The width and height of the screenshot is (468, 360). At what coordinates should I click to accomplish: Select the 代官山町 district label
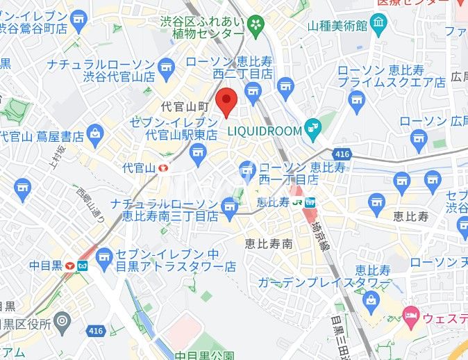tap(185, 107)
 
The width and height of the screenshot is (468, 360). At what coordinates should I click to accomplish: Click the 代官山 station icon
tap(164, 167)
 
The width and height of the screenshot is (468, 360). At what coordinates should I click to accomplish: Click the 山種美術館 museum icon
tap(378, 26)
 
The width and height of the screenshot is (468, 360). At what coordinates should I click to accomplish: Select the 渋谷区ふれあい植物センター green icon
tap(256, 26)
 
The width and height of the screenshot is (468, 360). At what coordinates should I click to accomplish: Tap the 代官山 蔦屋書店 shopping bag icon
tap(95, 131)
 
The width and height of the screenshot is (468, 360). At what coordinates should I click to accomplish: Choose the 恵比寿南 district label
tap(269, 243)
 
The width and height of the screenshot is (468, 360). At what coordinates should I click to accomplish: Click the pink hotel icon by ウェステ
tap(410, 316)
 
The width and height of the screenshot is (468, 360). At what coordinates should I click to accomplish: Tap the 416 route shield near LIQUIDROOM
tap(341, 153)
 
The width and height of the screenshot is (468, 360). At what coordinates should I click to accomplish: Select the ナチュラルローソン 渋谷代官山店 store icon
tap(165, 67)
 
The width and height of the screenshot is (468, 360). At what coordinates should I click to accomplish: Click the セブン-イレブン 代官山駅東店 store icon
tap(199, 152)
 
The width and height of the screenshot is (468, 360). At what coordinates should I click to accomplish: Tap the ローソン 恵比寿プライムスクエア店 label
tap(391, 76)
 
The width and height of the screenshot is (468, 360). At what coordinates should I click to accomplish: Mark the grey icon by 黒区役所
tap(62, 322)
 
